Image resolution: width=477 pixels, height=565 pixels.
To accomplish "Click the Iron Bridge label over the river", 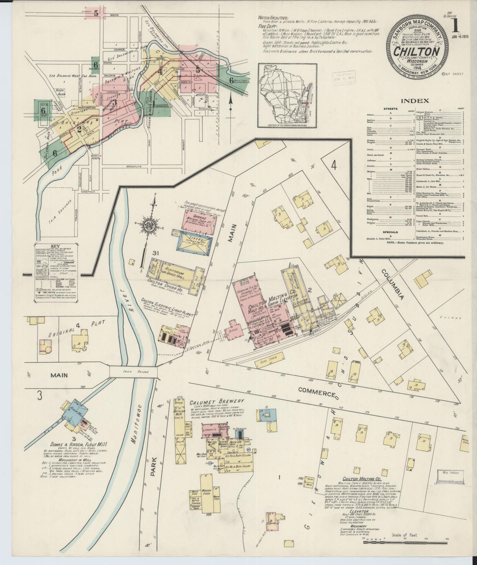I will point(133,371).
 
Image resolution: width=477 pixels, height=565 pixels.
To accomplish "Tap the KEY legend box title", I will point(55,246).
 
